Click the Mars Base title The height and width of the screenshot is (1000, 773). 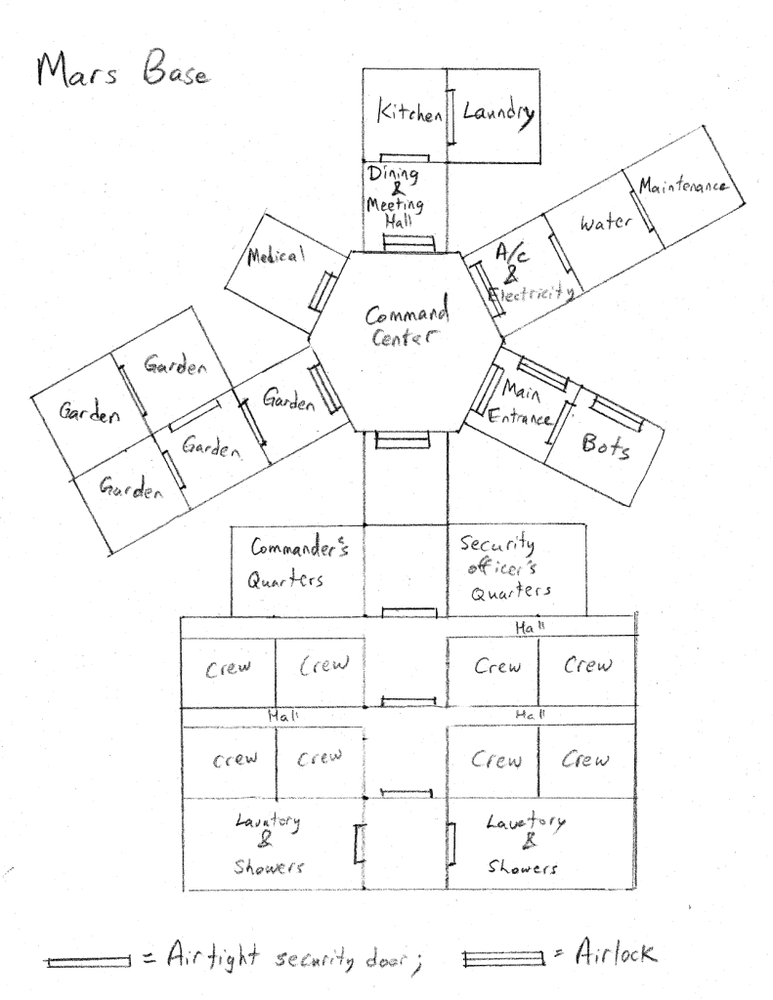[122, 69]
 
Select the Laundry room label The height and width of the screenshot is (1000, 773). [498, 114]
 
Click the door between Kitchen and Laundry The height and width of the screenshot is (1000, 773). [450, 117]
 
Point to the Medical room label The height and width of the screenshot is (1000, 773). [276, 257]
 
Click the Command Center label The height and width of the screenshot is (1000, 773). [407, 324]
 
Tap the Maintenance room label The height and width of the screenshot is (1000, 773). [683, 186]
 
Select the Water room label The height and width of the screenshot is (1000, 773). [606, 222]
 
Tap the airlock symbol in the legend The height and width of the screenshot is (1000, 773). [504, 959]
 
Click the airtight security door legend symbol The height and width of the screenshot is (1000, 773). [88, 961]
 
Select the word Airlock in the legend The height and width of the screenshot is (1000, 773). [615, 953]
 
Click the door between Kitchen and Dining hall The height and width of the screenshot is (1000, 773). [405, 157]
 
